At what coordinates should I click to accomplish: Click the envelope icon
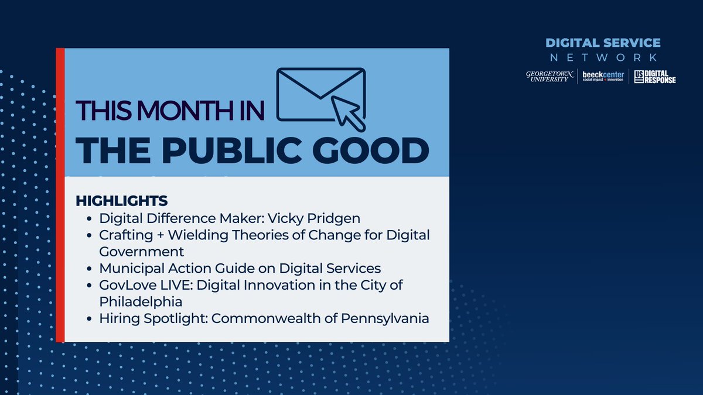pos(319,94)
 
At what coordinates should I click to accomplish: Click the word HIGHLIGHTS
pos(122,201)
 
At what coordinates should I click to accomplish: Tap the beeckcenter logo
pos(602,76)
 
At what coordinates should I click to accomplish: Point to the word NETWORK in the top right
pos(603,57)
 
